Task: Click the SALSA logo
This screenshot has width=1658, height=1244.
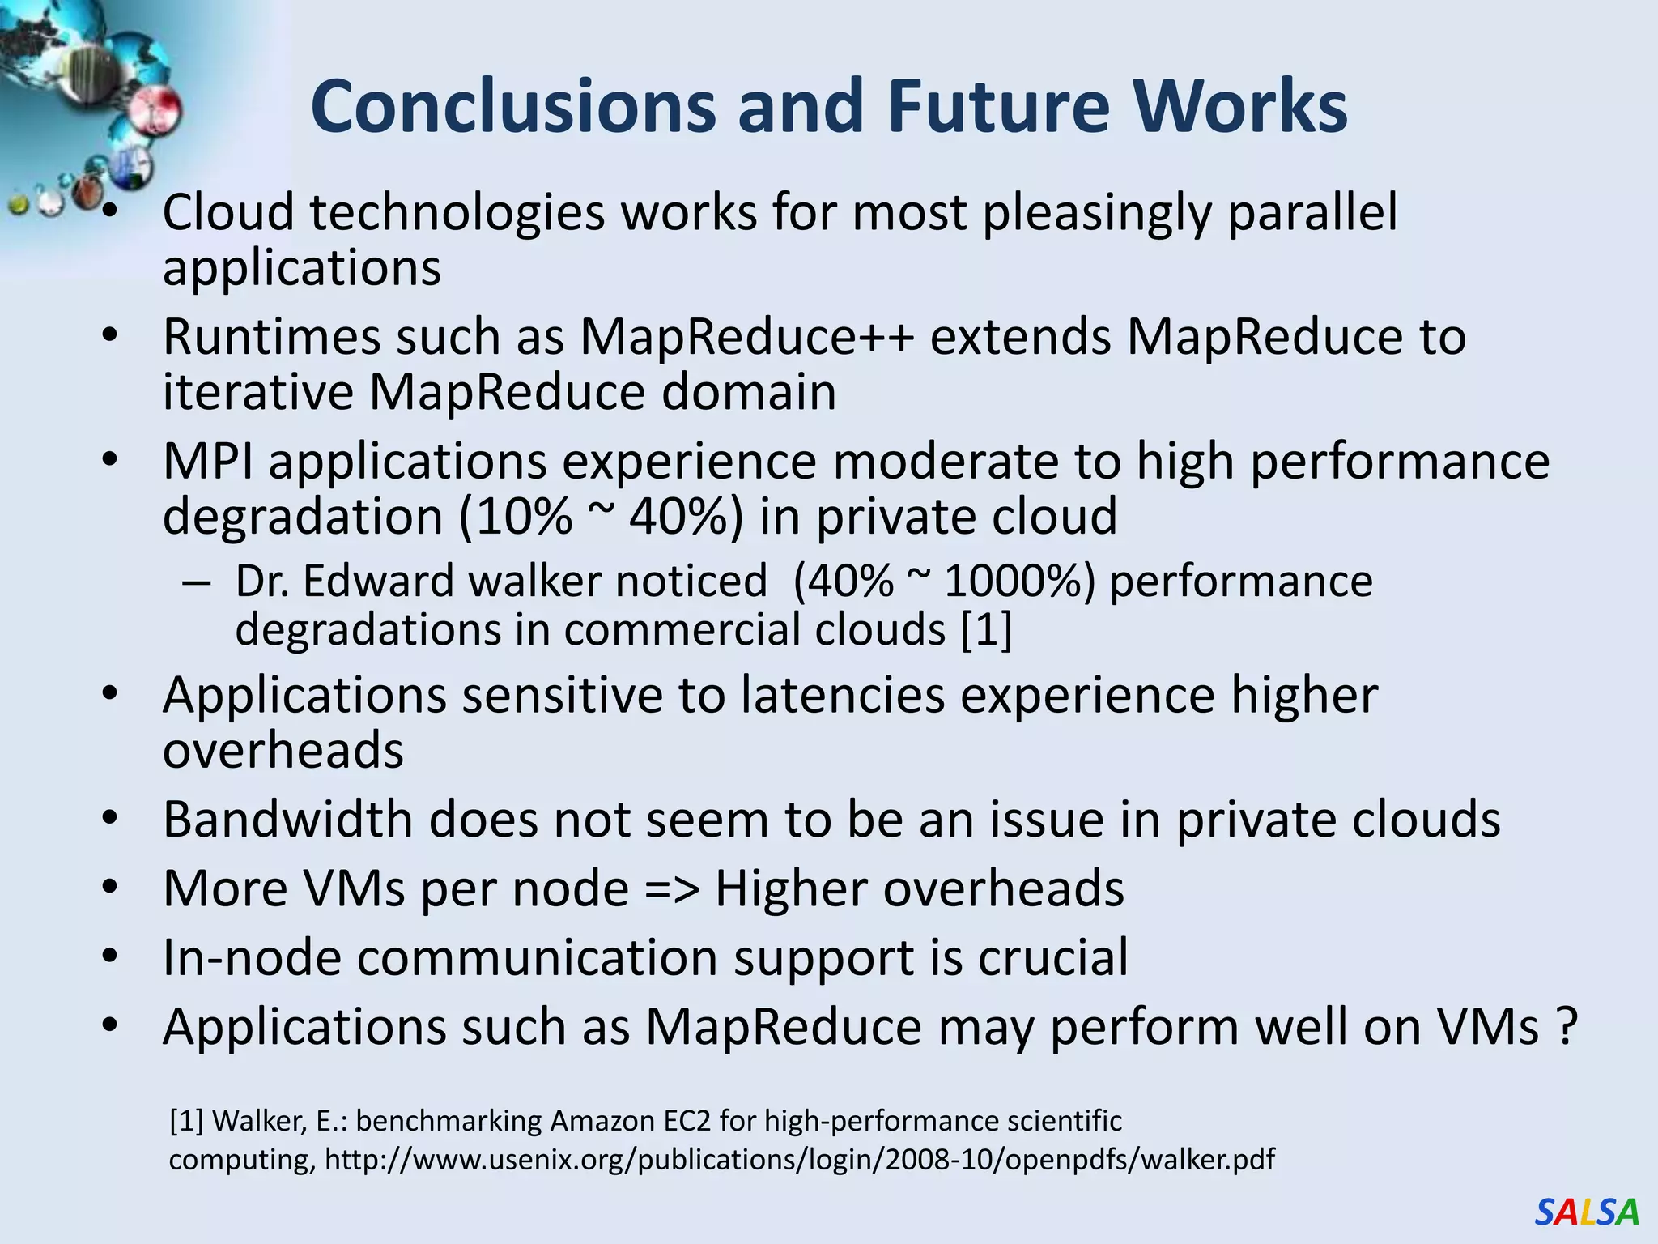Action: coord(1586,1212)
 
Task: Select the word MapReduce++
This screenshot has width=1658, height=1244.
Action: coord(747,337)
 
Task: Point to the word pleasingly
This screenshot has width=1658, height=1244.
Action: coord(1097,212)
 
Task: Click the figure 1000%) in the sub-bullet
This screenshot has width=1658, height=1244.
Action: coord(1019,582)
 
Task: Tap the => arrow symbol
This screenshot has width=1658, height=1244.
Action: coord(672,888)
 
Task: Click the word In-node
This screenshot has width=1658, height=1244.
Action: coord(252,957)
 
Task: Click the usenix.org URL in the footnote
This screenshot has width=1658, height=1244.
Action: coord(799,1160)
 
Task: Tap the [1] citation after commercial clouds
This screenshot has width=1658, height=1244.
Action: coord(986,630)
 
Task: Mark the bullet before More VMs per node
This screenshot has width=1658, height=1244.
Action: coord(111,888)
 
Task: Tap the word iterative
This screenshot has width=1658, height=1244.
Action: coord(258,393)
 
